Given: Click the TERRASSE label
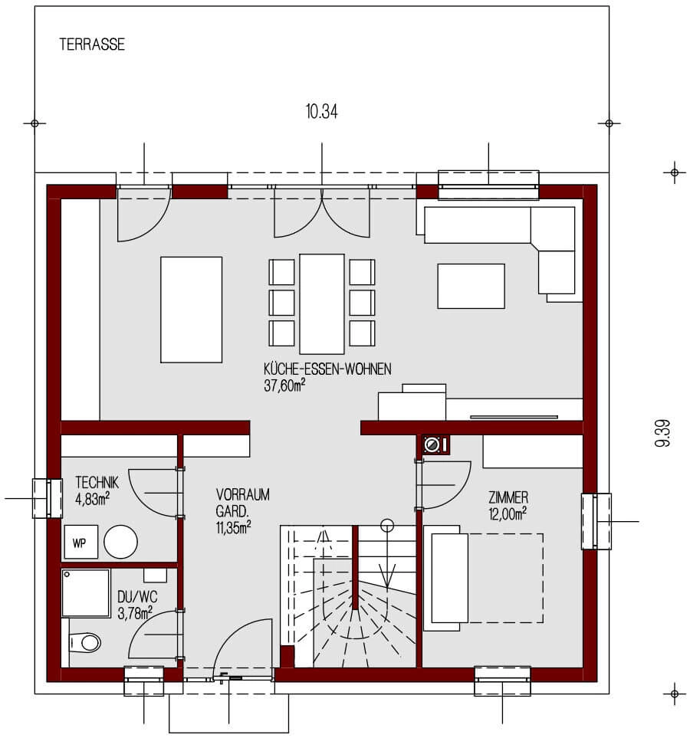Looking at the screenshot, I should (92, 45).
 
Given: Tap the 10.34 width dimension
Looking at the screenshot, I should (321, 112).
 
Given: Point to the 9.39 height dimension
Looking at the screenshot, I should (663, 433).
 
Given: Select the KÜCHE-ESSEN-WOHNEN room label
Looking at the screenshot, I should (327, 369).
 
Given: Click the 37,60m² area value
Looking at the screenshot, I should (284, 385).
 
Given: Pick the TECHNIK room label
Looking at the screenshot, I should (97, 482).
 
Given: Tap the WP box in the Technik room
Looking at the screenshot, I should (79, 543).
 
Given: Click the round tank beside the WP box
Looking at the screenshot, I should (120, 541).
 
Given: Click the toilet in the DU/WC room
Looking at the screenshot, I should (87, 642).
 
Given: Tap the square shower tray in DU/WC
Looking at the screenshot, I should (86, 592).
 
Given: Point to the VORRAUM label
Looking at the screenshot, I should (243, 494).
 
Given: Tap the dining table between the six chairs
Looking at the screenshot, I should (322, 303).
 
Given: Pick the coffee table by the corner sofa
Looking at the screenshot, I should (471, 286).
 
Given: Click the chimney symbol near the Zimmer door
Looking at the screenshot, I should (433, 444).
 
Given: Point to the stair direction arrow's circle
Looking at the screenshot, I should (387, 525).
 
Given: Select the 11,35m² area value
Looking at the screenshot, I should (234, 526).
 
